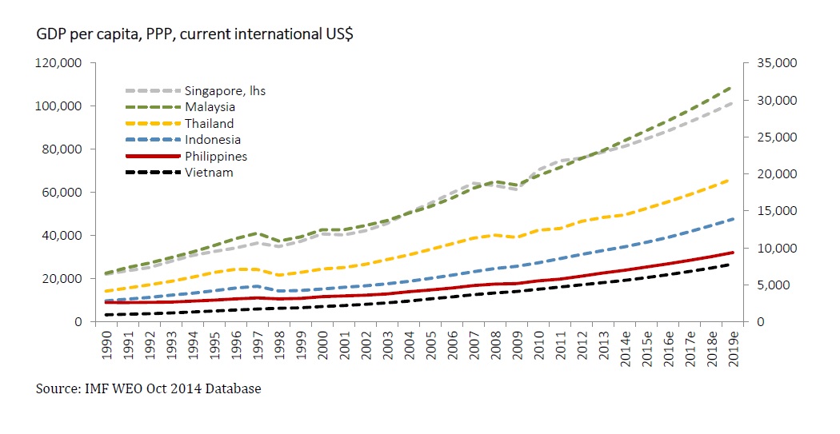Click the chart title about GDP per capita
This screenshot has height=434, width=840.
(196, 35)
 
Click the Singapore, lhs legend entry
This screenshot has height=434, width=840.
(225, 90)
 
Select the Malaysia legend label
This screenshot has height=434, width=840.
(210, 107)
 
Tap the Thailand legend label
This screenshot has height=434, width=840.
(209, 124)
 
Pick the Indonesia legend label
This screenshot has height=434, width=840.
(212, 140)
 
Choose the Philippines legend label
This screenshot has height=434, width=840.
(216, 157)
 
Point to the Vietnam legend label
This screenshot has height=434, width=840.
(209, 173)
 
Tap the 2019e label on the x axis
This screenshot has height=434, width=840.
(734, 345)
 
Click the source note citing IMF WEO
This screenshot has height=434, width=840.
(148, 389)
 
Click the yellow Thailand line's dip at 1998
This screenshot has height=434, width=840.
(278, 275)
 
